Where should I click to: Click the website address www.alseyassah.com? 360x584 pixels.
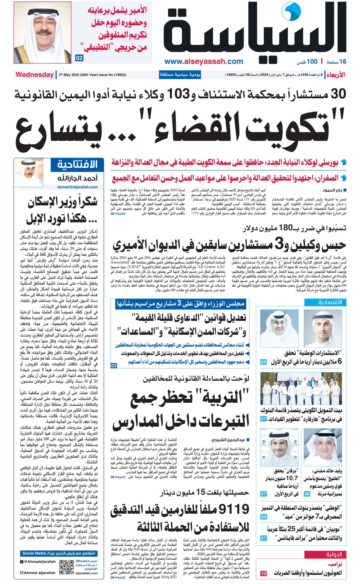(x=204, y=61)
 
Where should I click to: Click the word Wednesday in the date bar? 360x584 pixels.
(x=34, y=75)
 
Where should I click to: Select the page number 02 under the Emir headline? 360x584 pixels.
(x=79, y=58)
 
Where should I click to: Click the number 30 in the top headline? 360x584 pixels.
(x=338, y=94)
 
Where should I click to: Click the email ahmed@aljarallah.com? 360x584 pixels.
(x=77, y=187)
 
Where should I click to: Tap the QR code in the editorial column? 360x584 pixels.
(x=66, y=567)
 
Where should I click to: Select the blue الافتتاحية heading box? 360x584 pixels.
(x=77, y=165)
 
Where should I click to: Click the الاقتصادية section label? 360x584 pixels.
(x=330, y=302)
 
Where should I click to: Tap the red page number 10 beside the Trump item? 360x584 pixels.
(x=263, y=574)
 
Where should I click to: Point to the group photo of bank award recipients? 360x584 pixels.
(x=301, y=389)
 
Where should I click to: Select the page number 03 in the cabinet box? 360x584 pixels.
(x=114, y=366)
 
